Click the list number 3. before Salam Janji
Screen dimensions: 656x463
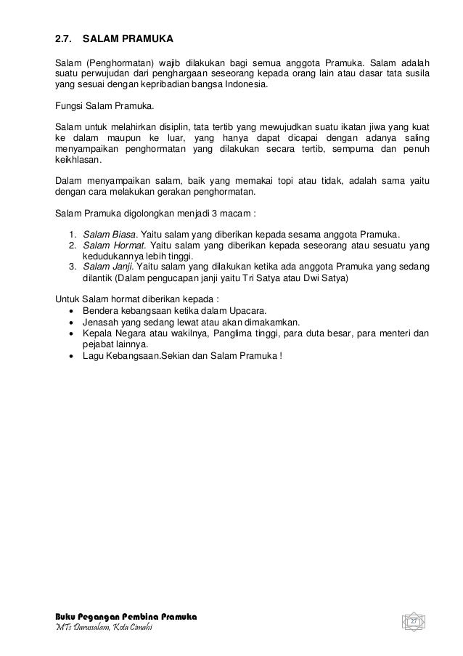[x=73, y=267]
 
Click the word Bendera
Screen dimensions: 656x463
[x=100, y=310]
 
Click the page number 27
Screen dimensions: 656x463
[x=413, y=623]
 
